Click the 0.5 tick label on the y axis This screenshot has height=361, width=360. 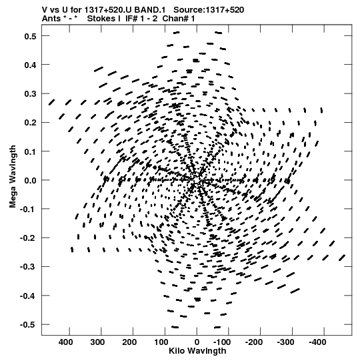(30, 37)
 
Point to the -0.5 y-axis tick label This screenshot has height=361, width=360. (28, 325)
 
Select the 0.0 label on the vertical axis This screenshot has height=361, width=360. (30, 180)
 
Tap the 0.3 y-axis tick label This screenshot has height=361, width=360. (30, 94)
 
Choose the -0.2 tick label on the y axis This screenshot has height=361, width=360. (28, 238)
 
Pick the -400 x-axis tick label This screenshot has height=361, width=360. (317, 342)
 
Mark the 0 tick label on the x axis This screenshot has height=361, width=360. (197, 342)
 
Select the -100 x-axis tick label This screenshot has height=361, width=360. (222, 342)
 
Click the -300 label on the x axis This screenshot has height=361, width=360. (286, 342)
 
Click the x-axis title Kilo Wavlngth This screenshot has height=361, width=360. (197, 351)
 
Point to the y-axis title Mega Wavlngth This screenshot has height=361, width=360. (13, 177)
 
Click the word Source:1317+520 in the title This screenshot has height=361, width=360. (209, 10)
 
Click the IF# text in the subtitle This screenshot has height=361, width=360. (132, 19)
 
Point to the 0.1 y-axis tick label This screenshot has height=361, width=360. (30, 151)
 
